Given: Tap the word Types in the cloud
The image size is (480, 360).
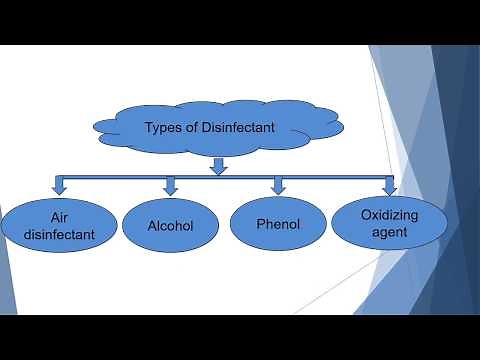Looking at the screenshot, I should [165, 128].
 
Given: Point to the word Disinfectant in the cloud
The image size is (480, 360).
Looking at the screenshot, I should [239, 128].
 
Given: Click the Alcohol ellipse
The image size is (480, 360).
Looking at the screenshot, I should [170, 226].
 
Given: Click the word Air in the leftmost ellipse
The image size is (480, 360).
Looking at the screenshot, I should [61, 217].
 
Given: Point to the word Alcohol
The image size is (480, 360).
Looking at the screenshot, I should [170, 227].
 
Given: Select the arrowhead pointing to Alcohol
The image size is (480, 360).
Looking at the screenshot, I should [170, 187].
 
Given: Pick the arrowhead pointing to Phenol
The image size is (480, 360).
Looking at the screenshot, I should [278, 186].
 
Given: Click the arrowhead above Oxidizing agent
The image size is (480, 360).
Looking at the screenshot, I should [389, 187].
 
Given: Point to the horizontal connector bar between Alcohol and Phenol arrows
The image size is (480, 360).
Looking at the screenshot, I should [224, 177].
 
